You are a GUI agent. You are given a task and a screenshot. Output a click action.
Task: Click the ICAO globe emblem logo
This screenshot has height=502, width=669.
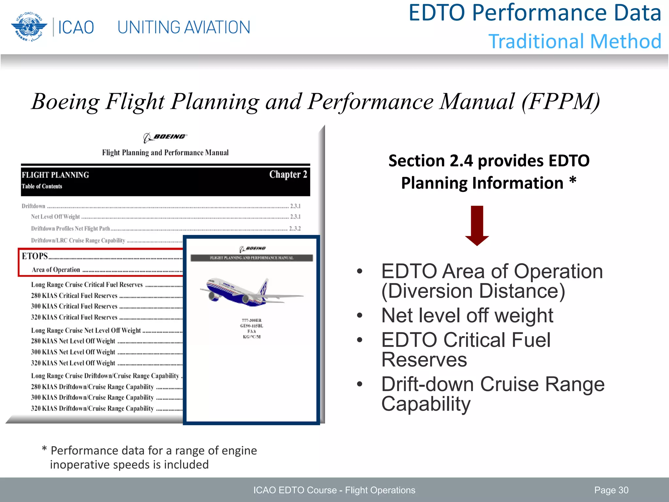[x=28, y=27]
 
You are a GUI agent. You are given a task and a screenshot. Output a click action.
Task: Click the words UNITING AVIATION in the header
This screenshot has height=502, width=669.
[x=184, y=27]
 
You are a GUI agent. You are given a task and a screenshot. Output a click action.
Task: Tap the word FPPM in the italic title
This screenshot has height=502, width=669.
[x=561, y=102]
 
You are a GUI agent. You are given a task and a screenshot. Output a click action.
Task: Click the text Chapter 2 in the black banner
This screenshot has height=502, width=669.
[x=288, y=175]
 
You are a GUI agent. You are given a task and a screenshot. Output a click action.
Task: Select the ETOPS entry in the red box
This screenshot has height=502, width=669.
[x=35, y=256]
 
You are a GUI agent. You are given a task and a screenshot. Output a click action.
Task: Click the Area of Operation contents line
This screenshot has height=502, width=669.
[x=56, y=270]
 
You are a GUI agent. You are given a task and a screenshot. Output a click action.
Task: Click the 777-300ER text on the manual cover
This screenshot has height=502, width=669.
[x=252, y=320]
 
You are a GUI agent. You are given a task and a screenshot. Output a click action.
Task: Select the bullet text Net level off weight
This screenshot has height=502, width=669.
[x=467, y=316]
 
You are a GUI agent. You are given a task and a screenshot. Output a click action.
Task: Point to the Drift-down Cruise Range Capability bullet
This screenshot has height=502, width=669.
[x=493, y=394]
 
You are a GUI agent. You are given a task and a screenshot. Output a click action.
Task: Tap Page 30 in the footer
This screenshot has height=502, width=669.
[x=611, y=490]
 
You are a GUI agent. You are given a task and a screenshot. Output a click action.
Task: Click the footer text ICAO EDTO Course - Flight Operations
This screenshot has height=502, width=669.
[x=334, y=490]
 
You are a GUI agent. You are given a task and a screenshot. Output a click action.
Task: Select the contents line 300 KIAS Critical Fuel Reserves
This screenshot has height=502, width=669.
[x=74, y=307]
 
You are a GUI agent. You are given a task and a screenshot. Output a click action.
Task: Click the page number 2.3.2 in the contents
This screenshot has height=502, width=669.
[x=295, y=228]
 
